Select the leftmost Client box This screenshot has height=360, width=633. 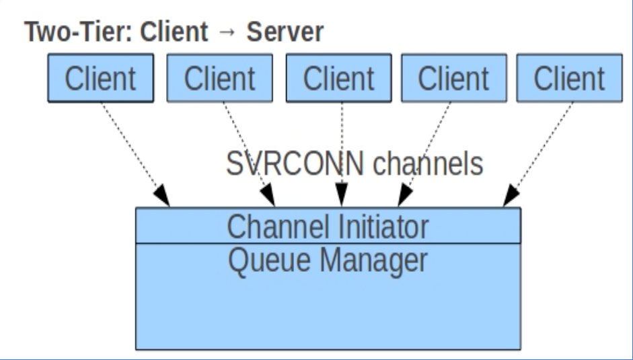pos(100,79)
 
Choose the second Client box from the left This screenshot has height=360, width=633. pos(220,79)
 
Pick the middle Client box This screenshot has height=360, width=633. pos(338,79)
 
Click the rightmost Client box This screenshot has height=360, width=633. pos(569,79)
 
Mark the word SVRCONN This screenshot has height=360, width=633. pos(280,164)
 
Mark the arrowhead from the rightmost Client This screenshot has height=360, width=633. pos(511,199)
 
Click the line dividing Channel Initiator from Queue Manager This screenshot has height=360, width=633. pos(328,243)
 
